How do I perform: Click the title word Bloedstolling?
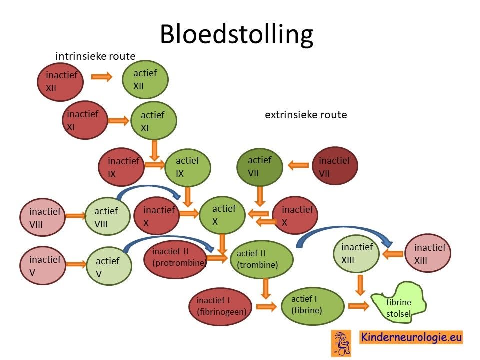pyautogui.click(x=236, y=34)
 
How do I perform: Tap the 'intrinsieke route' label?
pyautogui.click(x=95, y=56)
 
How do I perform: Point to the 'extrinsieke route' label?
pyautogui.click(x=306, y=115)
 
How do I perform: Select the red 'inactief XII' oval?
pyautogui.click(x=60, y=82)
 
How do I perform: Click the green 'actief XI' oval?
pyautogui.click(x=154, y=121)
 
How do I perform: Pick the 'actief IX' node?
pyautogui.click(x=188, y=168)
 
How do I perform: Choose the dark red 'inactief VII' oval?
pyautogui.click(x=335, y=166)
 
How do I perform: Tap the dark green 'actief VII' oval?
pyautogui.click(x=260, y=166)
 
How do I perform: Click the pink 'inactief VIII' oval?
pyautogui.click(x=43, y=217)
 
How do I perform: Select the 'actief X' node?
pyautogui.click(x=222, y=215)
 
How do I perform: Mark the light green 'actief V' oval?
pyautogui.click(x=109, y=265)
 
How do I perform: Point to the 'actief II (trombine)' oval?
pyautogui.click(x=261, y=259)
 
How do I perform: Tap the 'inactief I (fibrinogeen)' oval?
pyautogui.click(x=220, y=306)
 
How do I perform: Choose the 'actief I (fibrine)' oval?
pyautogui.click(x=313, y=306)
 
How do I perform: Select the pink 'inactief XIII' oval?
pyautogui.click(x=428, y=253)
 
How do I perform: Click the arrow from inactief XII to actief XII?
pyautogui.click(x=102, y=76)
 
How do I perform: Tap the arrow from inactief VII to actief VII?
pyautogui.click(x=298, y=165)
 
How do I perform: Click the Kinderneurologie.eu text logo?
pyautogui.click(x=411, y=337)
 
